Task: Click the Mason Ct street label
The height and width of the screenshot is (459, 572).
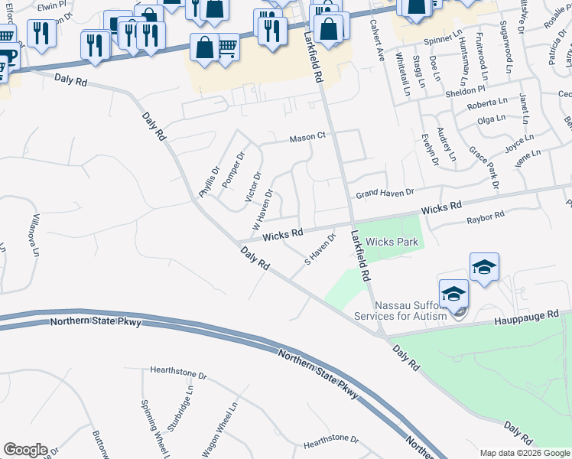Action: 307,138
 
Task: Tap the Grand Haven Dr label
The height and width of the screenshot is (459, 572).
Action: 385,193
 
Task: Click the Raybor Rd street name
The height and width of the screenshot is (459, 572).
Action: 486,218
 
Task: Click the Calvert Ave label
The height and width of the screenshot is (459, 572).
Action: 376,45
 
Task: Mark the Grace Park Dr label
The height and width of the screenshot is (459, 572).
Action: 483,168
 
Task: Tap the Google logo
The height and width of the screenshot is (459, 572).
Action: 25,450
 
